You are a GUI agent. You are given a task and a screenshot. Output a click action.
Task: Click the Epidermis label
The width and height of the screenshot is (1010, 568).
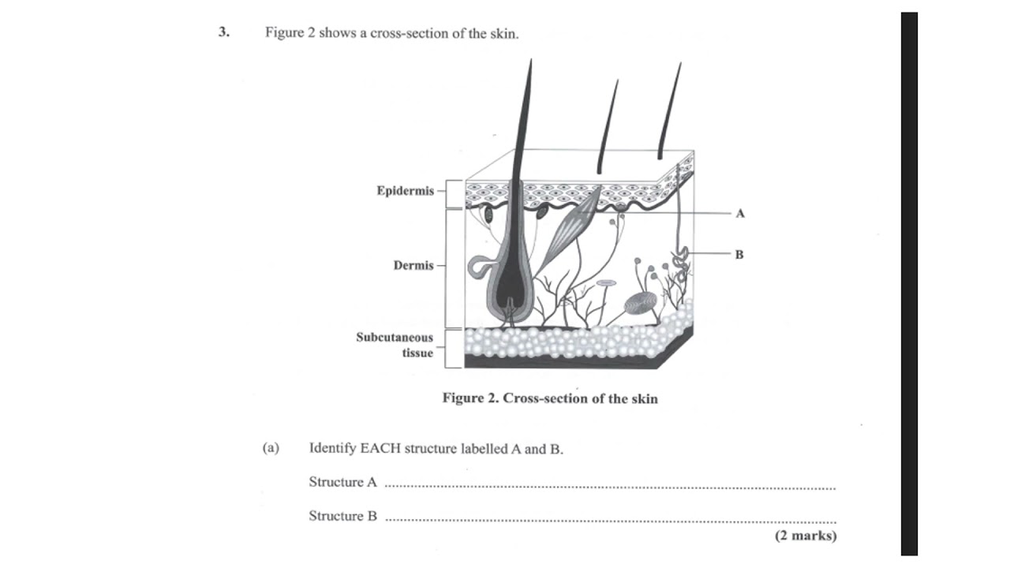tap(405, 191)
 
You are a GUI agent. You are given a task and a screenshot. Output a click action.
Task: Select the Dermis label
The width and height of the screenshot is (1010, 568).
tap(413, 265)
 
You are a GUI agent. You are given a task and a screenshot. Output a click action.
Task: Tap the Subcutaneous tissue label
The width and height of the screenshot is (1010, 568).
tap(395, 345)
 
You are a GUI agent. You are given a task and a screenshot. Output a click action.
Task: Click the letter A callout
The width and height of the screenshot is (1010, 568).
tap(740, 213)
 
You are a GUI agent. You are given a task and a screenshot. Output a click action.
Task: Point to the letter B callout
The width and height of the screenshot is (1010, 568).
tap(739, 254)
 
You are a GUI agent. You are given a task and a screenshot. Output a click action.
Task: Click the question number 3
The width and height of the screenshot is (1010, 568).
tap(224, 33)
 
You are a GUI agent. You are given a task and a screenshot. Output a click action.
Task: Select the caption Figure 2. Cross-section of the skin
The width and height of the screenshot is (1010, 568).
tap(549, 398)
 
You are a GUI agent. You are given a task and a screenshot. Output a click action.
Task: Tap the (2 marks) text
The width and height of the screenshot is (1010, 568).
tap(805, 536)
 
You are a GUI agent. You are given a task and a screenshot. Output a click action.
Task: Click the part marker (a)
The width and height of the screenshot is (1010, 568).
tap(271, 448)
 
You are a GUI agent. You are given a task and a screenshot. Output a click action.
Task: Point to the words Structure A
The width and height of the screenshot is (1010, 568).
tap(342, 482)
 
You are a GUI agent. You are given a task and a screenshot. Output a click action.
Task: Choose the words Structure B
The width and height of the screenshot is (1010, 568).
tap(342, 516)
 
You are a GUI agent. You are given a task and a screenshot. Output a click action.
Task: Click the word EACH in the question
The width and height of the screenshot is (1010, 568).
tap(381, 449)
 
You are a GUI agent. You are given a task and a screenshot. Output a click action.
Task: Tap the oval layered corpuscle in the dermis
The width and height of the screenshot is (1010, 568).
tap(639, 304)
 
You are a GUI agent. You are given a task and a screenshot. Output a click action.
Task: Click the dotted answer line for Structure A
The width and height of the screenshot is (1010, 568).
tap(609, 487)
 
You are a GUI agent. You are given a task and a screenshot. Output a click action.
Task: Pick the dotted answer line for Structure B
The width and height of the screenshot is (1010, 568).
tap(609, 521)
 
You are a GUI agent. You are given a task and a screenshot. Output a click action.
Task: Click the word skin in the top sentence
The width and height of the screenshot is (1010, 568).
tap(502, 34)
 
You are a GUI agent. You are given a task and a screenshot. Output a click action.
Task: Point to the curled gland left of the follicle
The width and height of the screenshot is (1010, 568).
tap(478, 266)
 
